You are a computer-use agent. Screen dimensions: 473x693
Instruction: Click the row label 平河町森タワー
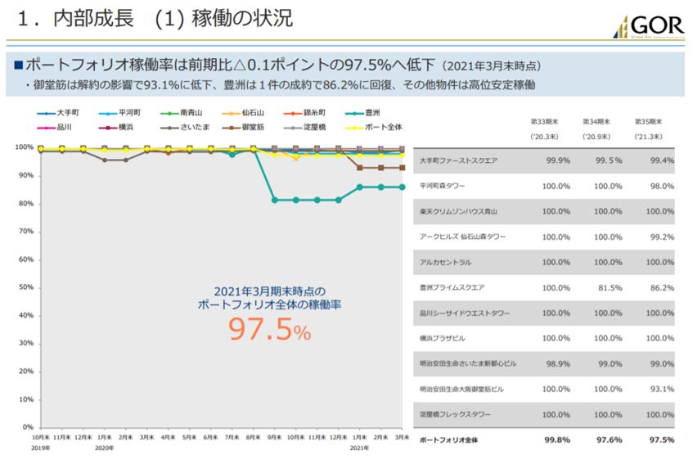pyautogui.click(x=447, y=187)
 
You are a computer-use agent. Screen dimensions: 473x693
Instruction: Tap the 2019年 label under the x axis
pyautogui.click(x=41, y=448)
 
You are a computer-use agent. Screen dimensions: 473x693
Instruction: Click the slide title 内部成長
pyautogui.click(x=89, y=18)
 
